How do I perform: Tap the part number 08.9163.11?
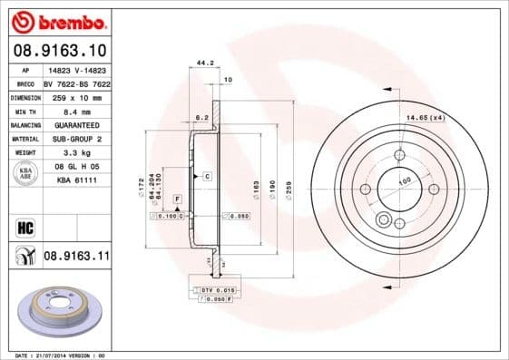76,258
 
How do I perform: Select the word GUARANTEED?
76,124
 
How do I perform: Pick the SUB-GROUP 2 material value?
76,139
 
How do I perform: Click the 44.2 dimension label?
205,63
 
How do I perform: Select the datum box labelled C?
207,174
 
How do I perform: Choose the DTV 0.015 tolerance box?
217,289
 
